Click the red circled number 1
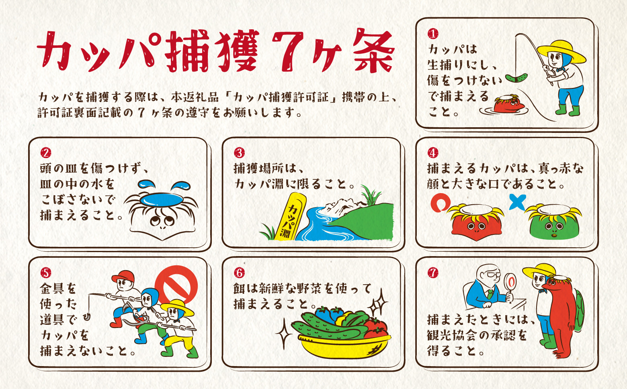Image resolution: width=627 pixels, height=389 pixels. (433, 34)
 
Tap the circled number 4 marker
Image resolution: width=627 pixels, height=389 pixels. (433, 153)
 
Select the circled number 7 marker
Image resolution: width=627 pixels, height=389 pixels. (433, 273)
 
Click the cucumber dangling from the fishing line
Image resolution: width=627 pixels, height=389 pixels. (516, 78)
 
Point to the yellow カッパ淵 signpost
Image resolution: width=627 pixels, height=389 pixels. (291, 217)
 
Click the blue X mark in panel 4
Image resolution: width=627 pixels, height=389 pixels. (517, 202)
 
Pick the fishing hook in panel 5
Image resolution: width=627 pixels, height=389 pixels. (87, 317)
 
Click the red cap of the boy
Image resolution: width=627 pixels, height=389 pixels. (123, 277)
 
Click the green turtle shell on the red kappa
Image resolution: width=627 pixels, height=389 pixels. (580, 310)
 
